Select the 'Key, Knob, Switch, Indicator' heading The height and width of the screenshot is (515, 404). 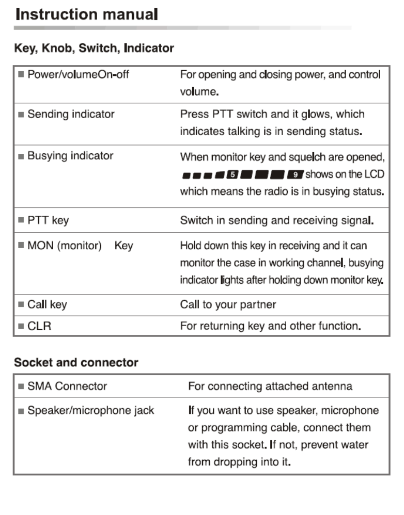coord(94,49)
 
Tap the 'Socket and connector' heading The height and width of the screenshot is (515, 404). coord(76,363)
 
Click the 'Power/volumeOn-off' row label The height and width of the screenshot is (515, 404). coord(78,74)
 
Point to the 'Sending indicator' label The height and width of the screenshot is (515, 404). coord(71,114)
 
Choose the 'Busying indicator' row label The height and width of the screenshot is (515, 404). coord(70,156)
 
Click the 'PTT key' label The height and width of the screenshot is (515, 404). coord(48,221)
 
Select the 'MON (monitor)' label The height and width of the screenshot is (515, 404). coord(65,246)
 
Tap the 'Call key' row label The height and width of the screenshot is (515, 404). coord(47,304)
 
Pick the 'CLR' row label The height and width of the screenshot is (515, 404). coord(39,326)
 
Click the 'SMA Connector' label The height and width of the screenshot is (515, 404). coord(67,386)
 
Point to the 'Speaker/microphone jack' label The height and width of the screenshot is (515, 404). coord(91,411)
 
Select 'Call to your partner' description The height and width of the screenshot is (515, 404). coord(228,304)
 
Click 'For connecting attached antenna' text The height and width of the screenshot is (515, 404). coord(270,386)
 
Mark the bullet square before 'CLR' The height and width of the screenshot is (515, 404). coord(21,326)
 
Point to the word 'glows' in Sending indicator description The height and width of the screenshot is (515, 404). coord(317,114)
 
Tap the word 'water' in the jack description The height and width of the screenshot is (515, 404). coord(353,444)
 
